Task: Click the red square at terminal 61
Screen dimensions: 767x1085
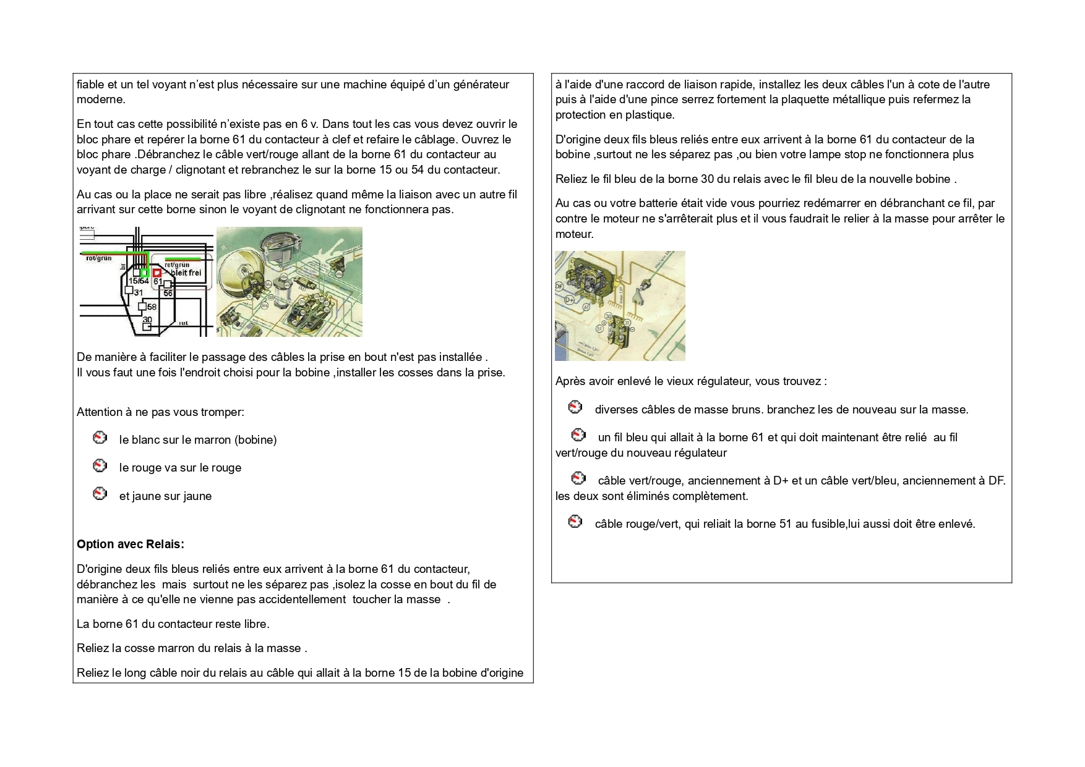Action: click(x=157, y=272)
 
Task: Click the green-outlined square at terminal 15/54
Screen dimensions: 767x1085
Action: click(x=144, y=273)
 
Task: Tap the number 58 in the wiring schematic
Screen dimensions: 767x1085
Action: click(x=152, y=307)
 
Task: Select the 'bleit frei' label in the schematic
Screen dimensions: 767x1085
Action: click(x=186, y=273)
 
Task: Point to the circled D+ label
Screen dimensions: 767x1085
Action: click(x=568, y=300)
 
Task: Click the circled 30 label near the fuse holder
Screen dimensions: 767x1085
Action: click(x=608, y=316)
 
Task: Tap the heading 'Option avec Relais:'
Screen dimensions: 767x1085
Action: click(x=131, y=545)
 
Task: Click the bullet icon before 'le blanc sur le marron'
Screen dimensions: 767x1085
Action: click(x=100, y=438)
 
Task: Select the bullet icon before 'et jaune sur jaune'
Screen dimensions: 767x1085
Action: click(x=100, y=494)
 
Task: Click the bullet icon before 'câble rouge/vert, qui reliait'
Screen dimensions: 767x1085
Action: click(x=575, y=522)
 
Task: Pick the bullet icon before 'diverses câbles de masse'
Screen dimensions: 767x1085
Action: click(x=575, y=407)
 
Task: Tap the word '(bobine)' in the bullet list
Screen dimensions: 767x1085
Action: click(x=255, y=440)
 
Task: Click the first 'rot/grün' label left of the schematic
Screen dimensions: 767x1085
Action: click(x=99, y=258)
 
